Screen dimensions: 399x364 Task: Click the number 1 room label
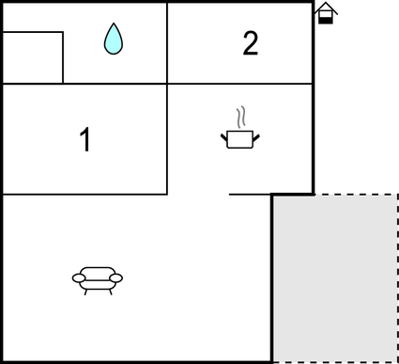tap(85, 140)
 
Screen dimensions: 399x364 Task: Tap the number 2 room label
tap(250, 44)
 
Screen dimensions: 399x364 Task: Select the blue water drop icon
tap(114, 39)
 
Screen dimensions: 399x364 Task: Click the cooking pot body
tap(240, 140)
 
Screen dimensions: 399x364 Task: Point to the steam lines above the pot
tap(242, 118)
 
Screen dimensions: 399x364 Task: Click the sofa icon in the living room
tap(98, 277)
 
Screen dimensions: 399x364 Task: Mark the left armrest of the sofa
tap(78, 277)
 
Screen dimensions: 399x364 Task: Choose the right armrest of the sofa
tap(117, 277)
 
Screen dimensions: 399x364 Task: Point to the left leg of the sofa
tap(86, 291)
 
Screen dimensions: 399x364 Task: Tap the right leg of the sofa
tap(109, 291)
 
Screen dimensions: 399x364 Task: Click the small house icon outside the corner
tap(325, 13)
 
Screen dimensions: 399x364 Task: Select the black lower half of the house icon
tap(325, 19)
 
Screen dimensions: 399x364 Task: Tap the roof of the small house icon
tap(325, 7)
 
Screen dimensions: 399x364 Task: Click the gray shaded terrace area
tap(334, 277)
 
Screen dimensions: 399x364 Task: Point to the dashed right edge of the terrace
tap(397, 277)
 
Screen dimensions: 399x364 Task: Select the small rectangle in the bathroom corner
tap(32, 57)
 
